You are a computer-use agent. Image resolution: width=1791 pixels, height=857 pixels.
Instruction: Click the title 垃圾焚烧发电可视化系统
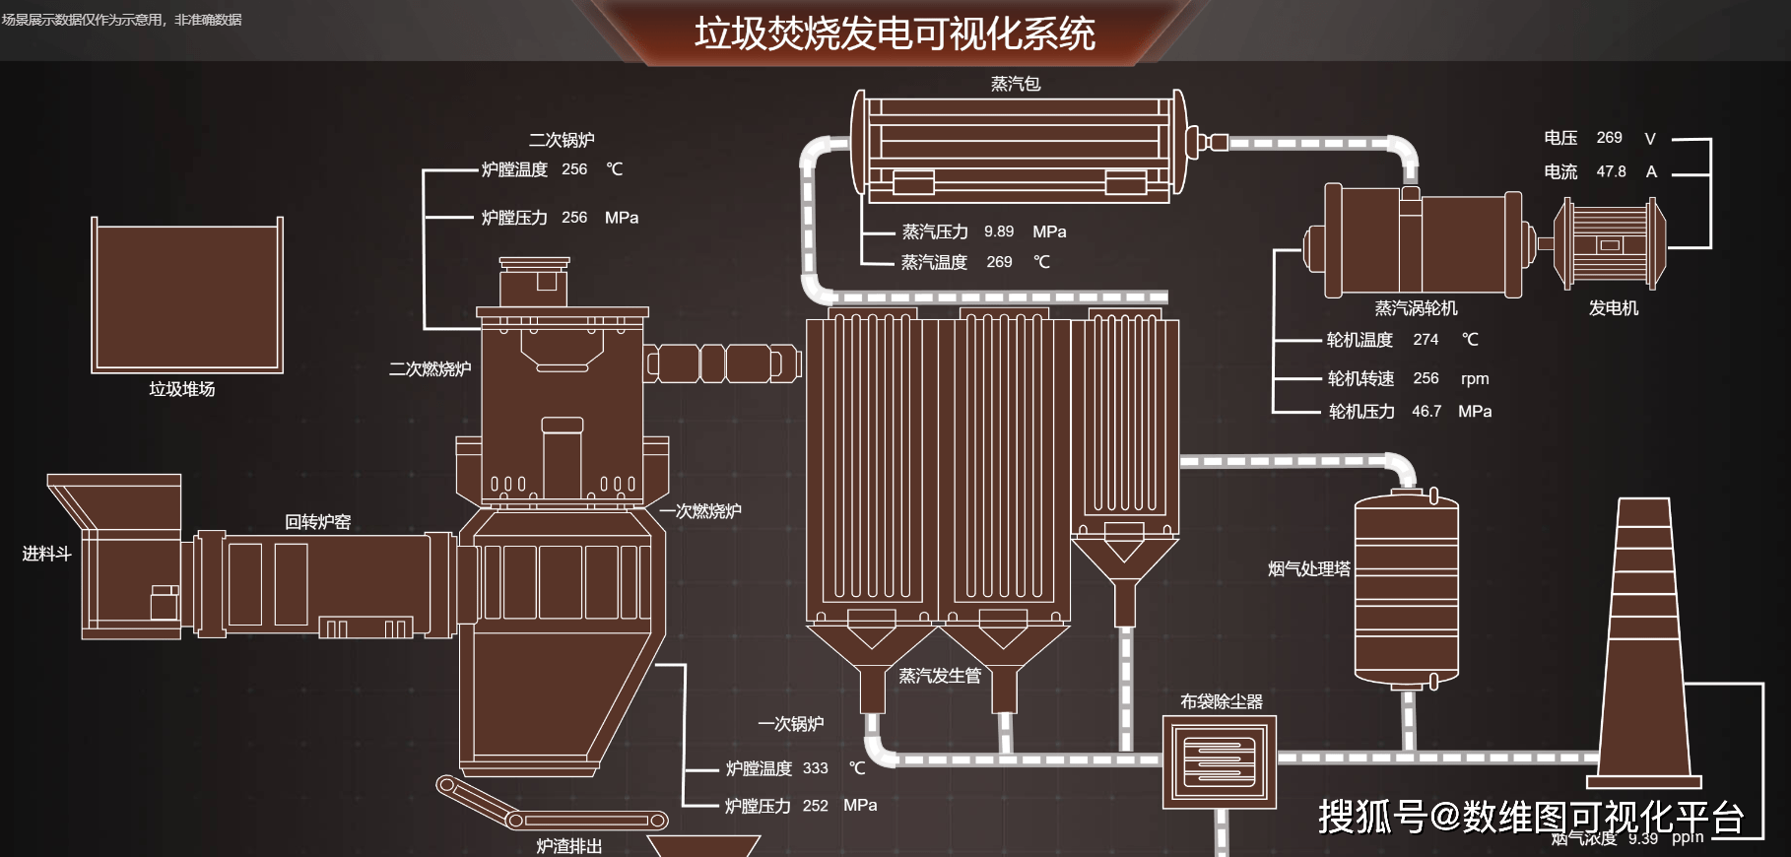click(x=895, y=33)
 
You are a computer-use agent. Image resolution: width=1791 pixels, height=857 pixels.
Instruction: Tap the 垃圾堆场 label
click(x=182, y=389)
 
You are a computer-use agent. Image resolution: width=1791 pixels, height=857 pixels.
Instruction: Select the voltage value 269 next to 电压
click(x=1609, y=138)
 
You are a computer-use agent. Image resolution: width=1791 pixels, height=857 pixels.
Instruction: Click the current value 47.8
click(x=1611, y=171)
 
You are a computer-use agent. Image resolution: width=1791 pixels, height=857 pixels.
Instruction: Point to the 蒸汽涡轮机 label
click(x=1416, y=308)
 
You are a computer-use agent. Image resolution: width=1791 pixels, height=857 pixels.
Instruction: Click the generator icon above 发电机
click(x=1609, y=244)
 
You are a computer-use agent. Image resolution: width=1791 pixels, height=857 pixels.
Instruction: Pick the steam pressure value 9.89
click(x=998, y=231)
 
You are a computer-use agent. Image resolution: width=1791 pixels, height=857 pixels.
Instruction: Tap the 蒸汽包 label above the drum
click(x=1015, y=84)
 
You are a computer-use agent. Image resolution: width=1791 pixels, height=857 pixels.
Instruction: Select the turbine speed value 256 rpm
click(x=1426, y=378)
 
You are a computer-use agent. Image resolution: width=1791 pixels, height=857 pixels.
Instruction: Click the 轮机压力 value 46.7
click(x=1426, y=411)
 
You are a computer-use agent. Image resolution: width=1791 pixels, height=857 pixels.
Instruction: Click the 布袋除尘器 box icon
click(x=1220, y=761)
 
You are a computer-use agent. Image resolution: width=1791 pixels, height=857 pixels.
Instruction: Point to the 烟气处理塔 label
click(x=1308, y=568)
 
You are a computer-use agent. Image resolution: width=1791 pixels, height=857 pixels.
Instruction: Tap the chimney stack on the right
click(x=1645, y=640)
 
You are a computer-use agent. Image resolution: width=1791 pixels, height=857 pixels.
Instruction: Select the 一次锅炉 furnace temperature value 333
click(x=815, y=768)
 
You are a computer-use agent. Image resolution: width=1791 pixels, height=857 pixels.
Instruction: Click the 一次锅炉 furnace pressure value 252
click(x=815, y=806)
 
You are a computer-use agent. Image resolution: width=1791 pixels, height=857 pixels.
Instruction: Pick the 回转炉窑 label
click(x=317, y=521)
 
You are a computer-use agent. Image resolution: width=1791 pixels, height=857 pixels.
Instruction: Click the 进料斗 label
click(x=46, y=554)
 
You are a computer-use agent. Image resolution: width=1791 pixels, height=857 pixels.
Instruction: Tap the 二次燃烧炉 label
click(x=430, y=368)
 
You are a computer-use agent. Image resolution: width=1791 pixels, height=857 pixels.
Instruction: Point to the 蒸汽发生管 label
click(x=940, y=676)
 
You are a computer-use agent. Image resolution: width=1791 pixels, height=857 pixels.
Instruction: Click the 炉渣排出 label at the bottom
click(x=568, y=845)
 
